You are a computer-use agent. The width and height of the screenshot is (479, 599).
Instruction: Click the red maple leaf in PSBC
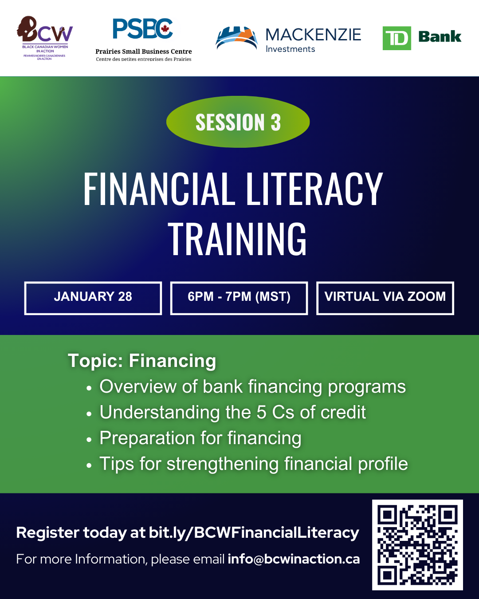tap(165, 30)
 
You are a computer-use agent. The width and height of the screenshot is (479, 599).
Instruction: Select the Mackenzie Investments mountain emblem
tap(236, 38)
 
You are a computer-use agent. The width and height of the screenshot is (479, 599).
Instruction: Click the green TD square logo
tap(397, 38)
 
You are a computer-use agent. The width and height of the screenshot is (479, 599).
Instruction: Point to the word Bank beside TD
tap(440, 37)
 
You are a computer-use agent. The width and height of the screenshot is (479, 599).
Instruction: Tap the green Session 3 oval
tap(238, 122)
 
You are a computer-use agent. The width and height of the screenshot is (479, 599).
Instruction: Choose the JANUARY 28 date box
tap(93, 298)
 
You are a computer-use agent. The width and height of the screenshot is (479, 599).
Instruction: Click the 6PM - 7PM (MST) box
tap(239, 298)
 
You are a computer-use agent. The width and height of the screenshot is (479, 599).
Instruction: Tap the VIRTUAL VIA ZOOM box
tap(385, 298)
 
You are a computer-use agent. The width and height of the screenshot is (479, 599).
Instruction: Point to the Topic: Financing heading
tap(142, 361)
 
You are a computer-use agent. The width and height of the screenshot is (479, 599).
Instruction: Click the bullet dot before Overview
tap(89, 388)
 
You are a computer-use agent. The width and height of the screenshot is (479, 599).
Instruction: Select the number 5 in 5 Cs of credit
tap(261, 413)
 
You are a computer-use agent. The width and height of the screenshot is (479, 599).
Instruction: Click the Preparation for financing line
tap(200, 438)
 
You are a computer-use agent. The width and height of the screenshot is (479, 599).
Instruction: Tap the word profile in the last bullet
tap(383, 464)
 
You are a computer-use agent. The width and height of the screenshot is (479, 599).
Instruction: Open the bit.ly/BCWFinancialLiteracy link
tap(254, 532)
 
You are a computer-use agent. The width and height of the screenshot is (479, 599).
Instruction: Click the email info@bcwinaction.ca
tap(294, 559)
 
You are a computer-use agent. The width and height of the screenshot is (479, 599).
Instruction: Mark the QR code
tap(417, 545)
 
